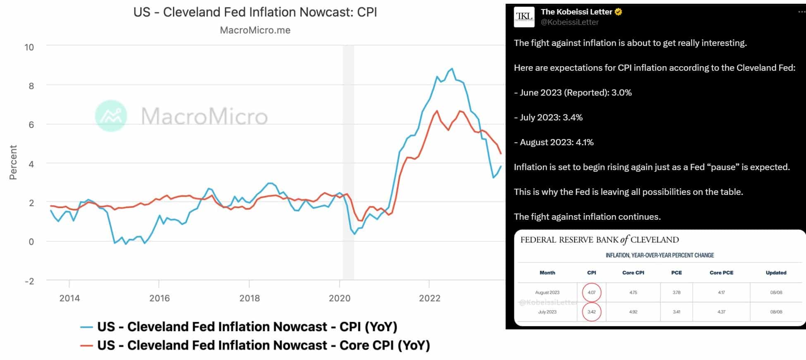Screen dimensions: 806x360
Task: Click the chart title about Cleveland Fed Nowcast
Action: click(255, 12)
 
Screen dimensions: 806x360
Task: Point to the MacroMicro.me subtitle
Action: click(255, 30)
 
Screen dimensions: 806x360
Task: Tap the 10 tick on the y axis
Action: click(29, 47)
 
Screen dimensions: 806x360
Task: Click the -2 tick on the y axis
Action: click(29, 281)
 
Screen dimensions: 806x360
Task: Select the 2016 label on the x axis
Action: click(159, 298)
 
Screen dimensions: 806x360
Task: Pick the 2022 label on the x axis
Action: click(429, 298)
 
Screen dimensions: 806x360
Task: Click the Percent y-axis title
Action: click(13, 162)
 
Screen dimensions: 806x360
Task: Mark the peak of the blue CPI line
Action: click(452, 69)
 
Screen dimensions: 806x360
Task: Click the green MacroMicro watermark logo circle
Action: click(111, 116)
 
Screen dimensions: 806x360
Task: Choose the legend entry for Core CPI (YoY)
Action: click(255, 345)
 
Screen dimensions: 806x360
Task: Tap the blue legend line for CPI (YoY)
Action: click(86, 327)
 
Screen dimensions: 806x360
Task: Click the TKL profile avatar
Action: click(524, 17)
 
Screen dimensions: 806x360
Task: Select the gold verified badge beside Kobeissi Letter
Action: click(619, 12)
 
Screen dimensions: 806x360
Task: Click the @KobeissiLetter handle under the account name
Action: click(570, 22)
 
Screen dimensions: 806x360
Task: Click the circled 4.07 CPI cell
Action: click(592, 293)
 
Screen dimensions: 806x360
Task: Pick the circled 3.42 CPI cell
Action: click(592, 312)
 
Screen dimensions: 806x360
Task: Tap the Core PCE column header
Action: click(721, 273)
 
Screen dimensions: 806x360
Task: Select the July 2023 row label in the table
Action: click(547, 312)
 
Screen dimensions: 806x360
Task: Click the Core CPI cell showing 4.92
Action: click(633, 312)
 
